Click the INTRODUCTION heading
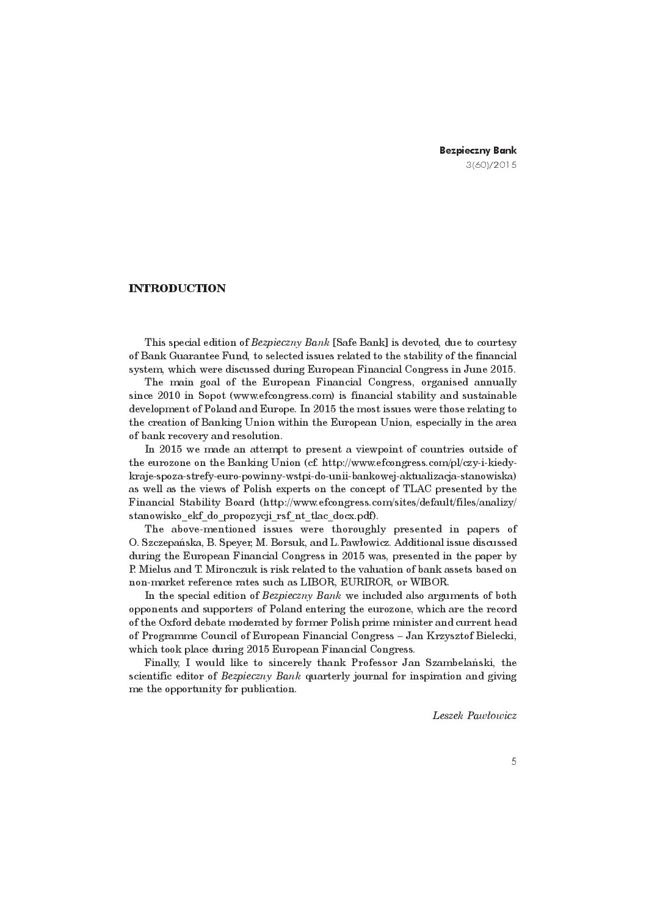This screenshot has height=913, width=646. tap(177, 288)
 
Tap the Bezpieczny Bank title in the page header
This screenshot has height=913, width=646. tap(478, 150)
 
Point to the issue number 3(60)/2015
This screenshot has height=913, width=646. tap(491, 165)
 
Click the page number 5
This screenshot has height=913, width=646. tap(514, 761)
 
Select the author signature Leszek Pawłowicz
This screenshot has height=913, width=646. tap(474, 715)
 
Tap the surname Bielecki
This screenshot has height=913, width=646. tap(495, 636)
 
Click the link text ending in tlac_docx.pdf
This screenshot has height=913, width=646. tap(252, 516)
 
